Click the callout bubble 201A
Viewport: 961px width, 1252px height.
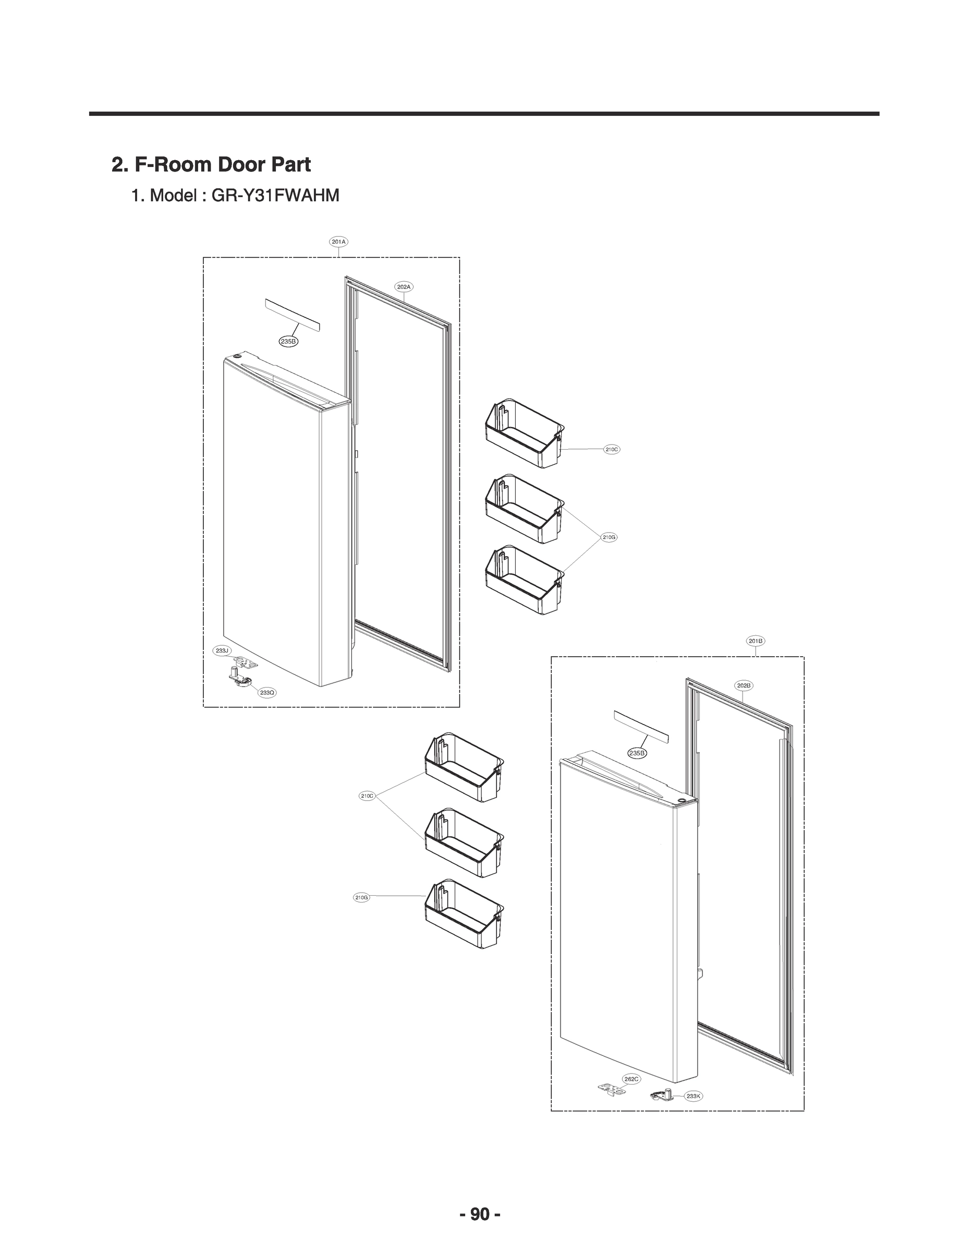(338, 242)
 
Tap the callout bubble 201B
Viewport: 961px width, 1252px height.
(756, 641)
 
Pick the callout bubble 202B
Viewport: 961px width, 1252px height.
(744, 685)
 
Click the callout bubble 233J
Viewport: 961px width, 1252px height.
(222, 651)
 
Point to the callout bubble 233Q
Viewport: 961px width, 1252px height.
(267, 692)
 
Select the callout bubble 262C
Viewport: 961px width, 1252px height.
(631, 1079)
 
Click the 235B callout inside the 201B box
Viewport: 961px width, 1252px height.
(637, 753)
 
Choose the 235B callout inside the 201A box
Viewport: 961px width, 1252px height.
(288, 341)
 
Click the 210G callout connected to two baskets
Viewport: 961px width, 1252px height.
(609, 537)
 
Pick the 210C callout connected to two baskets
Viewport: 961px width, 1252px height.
(367, 796)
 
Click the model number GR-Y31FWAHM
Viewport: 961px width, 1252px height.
(275, 196)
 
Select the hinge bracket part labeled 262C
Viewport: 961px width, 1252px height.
(612, 1088)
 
